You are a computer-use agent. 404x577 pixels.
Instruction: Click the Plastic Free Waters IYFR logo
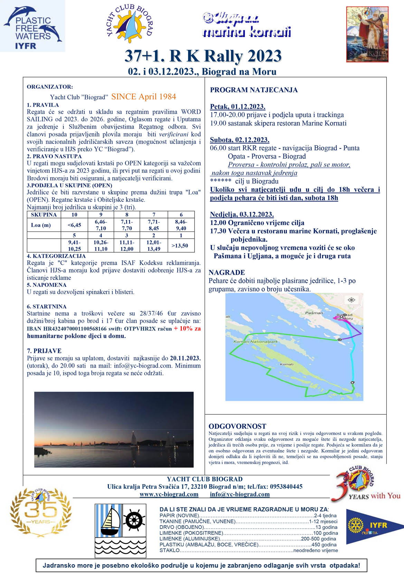pyautogui.click(x=32, y=26)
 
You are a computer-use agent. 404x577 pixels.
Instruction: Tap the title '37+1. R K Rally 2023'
pyautogui.click(x=203, y=56)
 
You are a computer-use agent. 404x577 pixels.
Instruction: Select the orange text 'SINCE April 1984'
pyautogui.click(x=143, y=97)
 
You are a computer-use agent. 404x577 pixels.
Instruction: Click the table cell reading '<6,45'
pyautogui.click(x=74, y=225)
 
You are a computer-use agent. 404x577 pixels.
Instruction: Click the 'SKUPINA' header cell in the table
pyautogui.click(x=44, y=215)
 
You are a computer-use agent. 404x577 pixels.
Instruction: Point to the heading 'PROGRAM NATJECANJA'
pyautogui.click(x=254, y=90)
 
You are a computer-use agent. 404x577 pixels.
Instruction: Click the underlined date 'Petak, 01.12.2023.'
pyautogui.click(x=237, y=106)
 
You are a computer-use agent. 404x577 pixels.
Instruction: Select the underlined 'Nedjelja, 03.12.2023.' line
pyautogui.click(x=242, y=214)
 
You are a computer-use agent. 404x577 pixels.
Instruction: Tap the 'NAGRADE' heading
pyautogui.click(x=227, y=272)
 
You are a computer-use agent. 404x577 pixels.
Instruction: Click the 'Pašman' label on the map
pyautogui.click(x=314, y=313)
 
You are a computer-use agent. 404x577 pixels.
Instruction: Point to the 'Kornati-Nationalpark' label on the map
pyautogui.click(x=255, y=342)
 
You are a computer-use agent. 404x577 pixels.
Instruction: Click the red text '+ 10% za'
pyautogui.click(x=187, y=329)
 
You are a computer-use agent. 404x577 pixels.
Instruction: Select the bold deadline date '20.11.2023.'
pyautogui.click(x=185, y=358)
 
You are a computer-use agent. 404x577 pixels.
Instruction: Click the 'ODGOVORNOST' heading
pyautogui.click(x=237, y=426)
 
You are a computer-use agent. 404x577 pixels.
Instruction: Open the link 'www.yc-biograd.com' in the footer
pyautogui.click(x=169, y=494)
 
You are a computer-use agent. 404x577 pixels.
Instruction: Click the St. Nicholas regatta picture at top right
pyautogui.click(x=367, y=34)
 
